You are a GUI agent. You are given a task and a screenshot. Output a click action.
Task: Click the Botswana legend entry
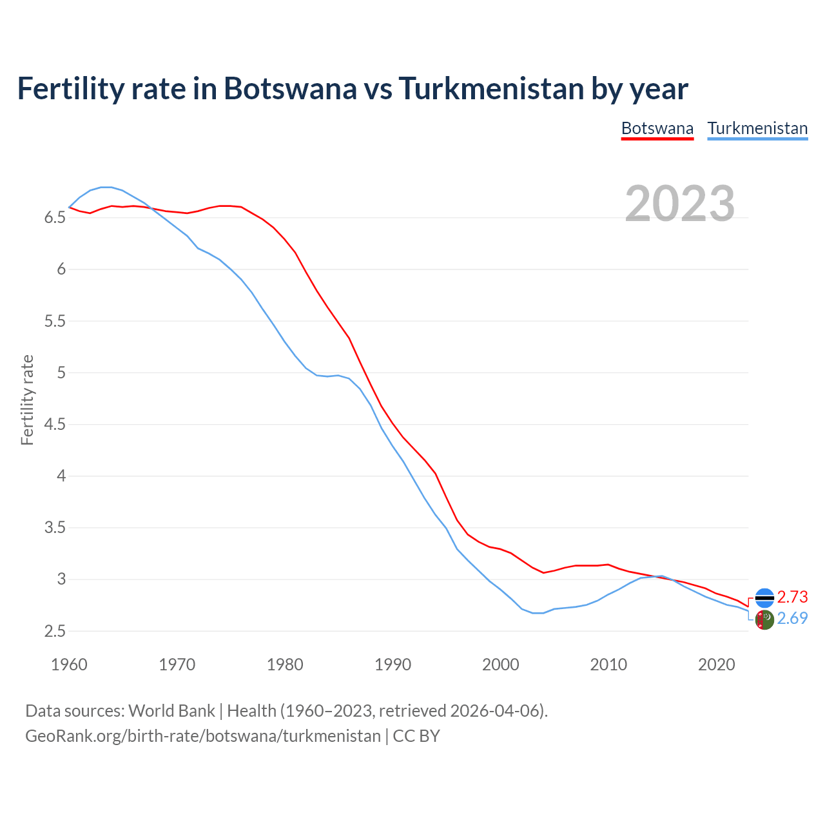pos(657,128)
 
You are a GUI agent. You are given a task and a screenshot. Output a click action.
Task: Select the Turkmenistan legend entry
pos(757,128)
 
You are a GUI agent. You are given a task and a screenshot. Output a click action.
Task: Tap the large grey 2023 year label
pos(680,204)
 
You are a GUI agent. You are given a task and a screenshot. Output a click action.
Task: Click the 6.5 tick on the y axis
pos(55,218)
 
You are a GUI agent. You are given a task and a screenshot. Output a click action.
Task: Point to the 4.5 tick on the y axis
pos(55,425)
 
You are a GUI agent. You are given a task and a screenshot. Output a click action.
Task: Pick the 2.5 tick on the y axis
pos(55,632)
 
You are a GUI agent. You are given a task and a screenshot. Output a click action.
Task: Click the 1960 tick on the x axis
pos(69,665)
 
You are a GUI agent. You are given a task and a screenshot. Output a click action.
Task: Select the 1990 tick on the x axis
pos(393,665)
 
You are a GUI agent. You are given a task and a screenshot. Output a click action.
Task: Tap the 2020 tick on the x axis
pos(716,665)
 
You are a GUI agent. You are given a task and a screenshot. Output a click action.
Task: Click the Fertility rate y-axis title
pos(27,400)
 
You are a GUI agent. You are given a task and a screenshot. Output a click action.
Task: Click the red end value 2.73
pos(792,597)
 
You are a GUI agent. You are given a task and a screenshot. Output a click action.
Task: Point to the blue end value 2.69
pos(792,619)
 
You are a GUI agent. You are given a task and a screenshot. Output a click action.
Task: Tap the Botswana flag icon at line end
pos(764,598)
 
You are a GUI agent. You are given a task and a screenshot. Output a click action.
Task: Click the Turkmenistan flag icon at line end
pos(764,620)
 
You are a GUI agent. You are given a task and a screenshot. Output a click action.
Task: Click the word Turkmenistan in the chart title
pos(492,88)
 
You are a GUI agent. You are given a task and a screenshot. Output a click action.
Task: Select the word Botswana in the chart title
pos(289,88)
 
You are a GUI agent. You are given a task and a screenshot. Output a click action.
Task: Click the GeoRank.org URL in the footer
pos(202,736)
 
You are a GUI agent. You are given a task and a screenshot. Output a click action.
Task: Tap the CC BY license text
pos(416,736)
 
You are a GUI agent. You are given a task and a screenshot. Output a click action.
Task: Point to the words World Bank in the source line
pos(171,711)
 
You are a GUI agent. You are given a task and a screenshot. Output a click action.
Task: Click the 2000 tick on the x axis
pos(501,665)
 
